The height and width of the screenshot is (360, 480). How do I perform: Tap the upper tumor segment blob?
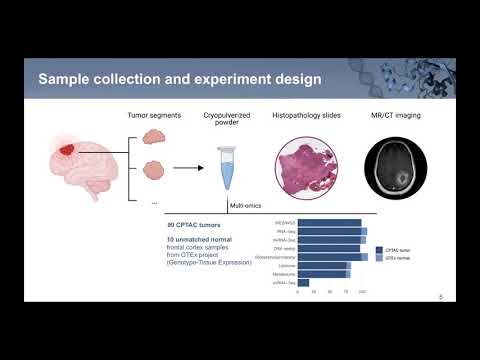coord(154,139)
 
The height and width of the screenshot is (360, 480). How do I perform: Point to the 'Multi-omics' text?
coord(246,206)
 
